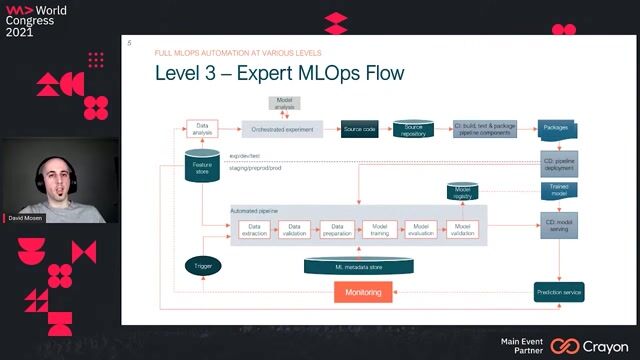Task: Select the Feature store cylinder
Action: coord(203,166)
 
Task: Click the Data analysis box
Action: coord(202,128)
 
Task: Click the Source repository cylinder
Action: coord(413,128)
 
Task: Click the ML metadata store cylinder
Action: coord(360,265)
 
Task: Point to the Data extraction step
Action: coord(253,229)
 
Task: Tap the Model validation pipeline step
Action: coord(463,229)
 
